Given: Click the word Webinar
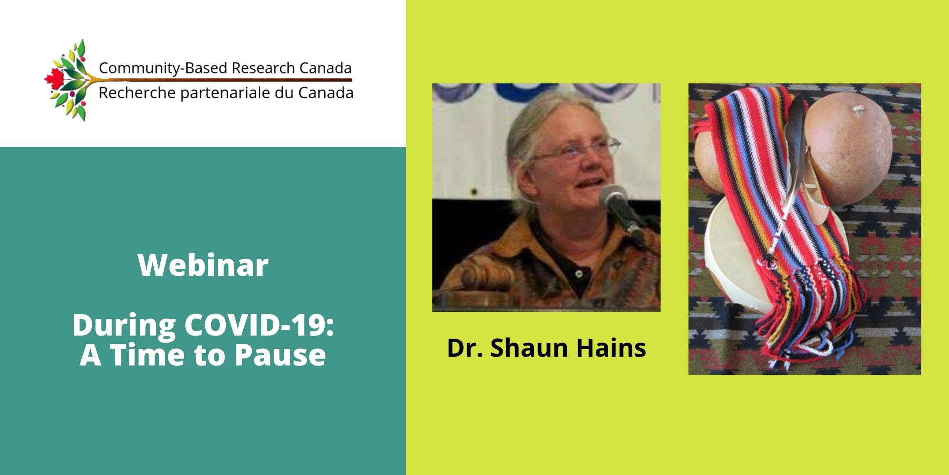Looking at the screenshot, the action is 203,265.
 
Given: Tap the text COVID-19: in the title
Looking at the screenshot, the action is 259,325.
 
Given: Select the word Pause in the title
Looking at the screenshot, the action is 280,354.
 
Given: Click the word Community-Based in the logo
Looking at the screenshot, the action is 163,68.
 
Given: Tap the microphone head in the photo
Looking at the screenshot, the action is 614,197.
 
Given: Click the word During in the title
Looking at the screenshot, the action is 124,326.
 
